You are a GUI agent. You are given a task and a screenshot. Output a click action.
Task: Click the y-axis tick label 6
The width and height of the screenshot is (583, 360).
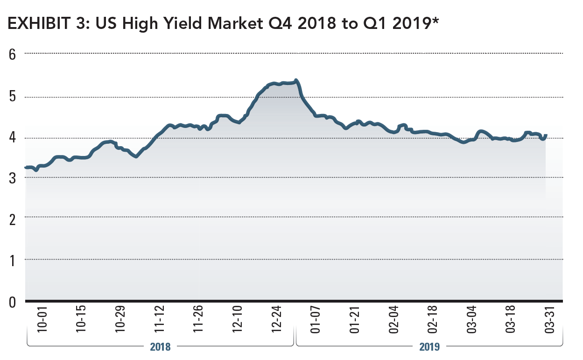click(12, 54)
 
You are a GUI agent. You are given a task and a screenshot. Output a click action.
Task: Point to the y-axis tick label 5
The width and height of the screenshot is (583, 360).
click(12, 97)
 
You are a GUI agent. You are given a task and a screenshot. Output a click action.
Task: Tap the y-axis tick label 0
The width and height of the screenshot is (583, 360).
click(12, 302)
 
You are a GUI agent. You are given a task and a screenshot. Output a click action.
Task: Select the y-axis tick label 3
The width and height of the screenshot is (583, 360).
click(12, 177)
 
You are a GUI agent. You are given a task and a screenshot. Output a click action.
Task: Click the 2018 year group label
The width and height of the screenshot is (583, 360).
click(160, 346)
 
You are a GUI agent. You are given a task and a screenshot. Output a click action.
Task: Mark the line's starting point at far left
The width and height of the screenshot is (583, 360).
click(26, 167)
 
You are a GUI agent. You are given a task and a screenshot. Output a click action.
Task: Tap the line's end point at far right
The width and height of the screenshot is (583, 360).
click(546, 135)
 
